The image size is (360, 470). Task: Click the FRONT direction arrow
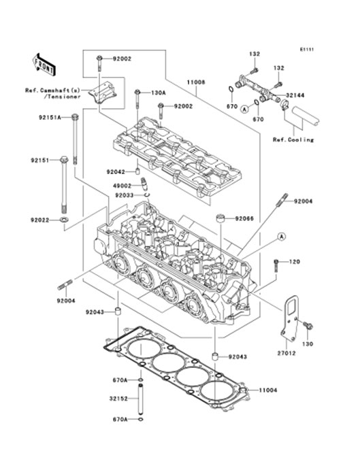44,64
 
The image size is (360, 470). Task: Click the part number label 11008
196,82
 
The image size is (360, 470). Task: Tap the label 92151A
50,118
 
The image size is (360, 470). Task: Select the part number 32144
295,95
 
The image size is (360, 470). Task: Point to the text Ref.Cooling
293,139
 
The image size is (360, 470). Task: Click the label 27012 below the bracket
287,354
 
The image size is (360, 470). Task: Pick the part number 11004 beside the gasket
268,390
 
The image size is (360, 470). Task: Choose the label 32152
118,399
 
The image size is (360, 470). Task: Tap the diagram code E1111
307,50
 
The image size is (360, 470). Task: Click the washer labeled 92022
64,220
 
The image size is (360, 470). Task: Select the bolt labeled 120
276,266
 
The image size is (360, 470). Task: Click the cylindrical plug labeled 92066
221,218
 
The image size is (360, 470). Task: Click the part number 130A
158,93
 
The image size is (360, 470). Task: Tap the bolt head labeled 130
308,326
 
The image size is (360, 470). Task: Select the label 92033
125,195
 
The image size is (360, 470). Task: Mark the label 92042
116,172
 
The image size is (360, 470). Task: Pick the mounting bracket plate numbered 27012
290,318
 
